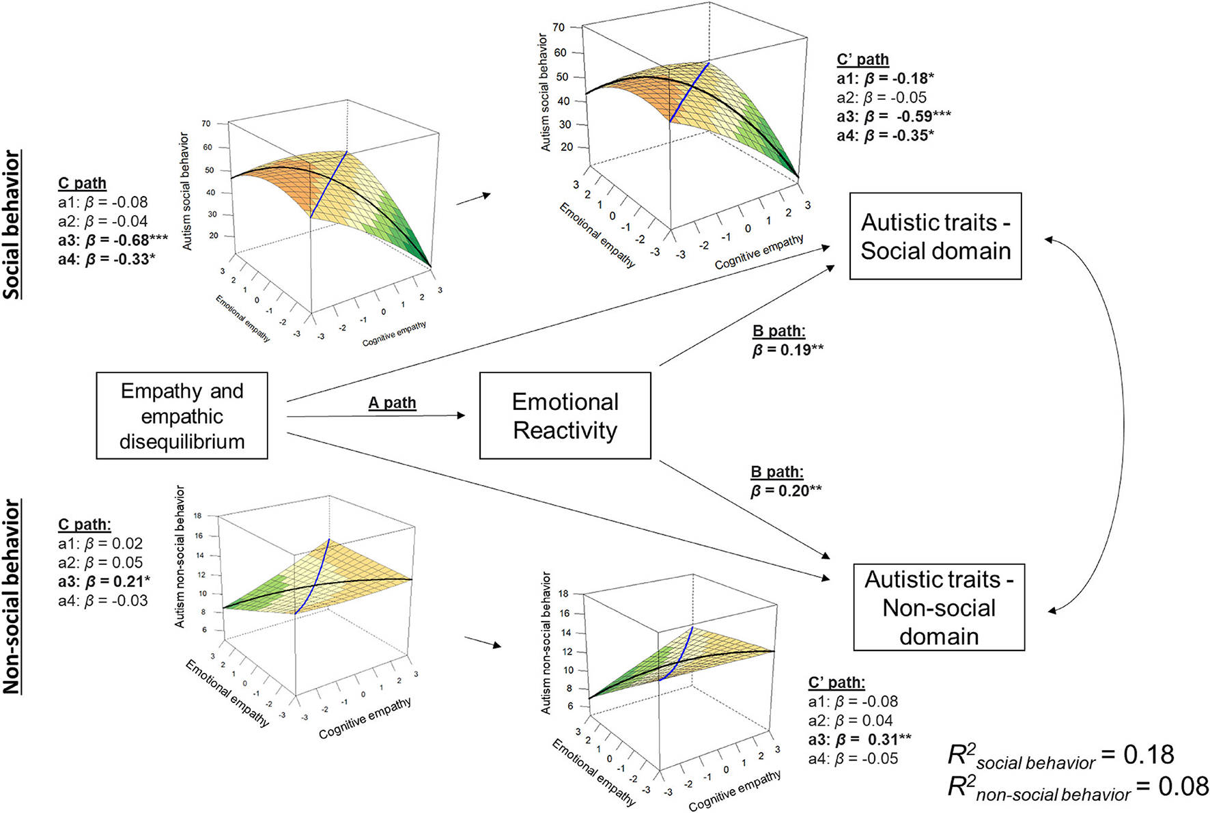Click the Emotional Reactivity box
click(x=565, y=415)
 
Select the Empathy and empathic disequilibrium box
click(x=182, y=415)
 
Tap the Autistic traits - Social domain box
click(x=935, y=236)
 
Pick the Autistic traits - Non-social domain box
click(x=939, y=607)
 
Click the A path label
click(x=392, y=403)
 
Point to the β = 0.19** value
click(x=787, y=350)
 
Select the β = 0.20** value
click(x=786, y=491)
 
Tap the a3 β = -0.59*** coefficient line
click(x=893, y=116)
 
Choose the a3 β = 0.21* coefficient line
click(x=104, y=581)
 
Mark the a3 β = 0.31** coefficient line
click(x=859, y=739)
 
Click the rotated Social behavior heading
click(x=12, y=225)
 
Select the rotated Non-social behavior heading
click(x=12, y=596)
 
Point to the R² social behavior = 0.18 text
click(x=1060, y=756)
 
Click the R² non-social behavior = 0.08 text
click(x=1078, y=788)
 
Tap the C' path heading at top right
click(x=862, y=59)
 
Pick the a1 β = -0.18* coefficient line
click(x=885, y=79)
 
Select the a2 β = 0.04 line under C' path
click(x=850, y=720)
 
